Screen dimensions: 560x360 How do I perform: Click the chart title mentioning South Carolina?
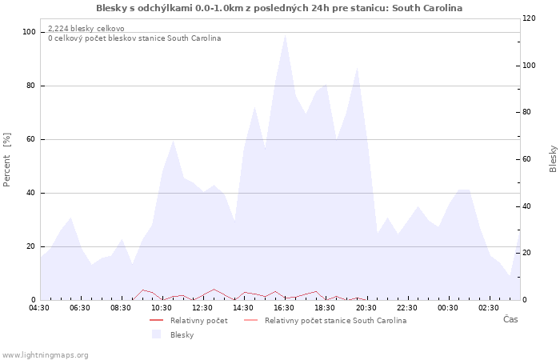pyautogui.click(x=279, y=8)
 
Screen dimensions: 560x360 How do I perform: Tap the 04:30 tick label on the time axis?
pyautogui.click(x=39, y=308)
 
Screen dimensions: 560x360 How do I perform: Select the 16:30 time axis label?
pyautogui.click(x=284, y=308)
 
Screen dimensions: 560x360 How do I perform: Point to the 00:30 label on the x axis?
pyautogui.click(x=447, y=308)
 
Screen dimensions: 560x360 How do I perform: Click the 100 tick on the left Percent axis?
pyautogui.click(x=29, y=32)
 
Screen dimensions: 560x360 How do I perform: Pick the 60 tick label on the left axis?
pyautogui.click(x=31, y=139)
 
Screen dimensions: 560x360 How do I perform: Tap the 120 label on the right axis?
pyautogui.click(x=529, y=18)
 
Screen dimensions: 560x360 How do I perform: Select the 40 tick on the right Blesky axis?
pyautogui.click(x=526, y=206)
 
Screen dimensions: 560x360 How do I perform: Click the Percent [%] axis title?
pyautogui.click(x=6, y=160)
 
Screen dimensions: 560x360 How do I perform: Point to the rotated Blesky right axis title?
pyautogui.click(x=553, y=159)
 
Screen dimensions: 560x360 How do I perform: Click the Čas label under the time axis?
pyautogui.click(x=510, y=319)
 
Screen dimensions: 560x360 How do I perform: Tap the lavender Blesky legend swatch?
pyautogui.click(x=156, y=334)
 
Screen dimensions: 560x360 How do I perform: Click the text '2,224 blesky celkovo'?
pyautogui.click(x=86, y=29)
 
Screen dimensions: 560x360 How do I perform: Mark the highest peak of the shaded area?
pyautogui.click(x=285, y=35)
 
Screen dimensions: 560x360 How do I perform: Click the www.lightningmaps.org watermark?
pyautogui.click(x=44, y=355)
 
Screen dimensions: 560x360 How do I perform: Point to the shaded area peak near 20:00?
pyautogui.click(x=357, y=67)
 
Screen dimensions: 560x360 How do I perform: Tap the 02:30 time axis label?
pyautogui.click(x=488, y=308)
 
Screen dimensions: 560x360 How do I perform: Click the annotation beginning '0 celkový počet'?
pyautogui.click(x=134, y=38)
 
